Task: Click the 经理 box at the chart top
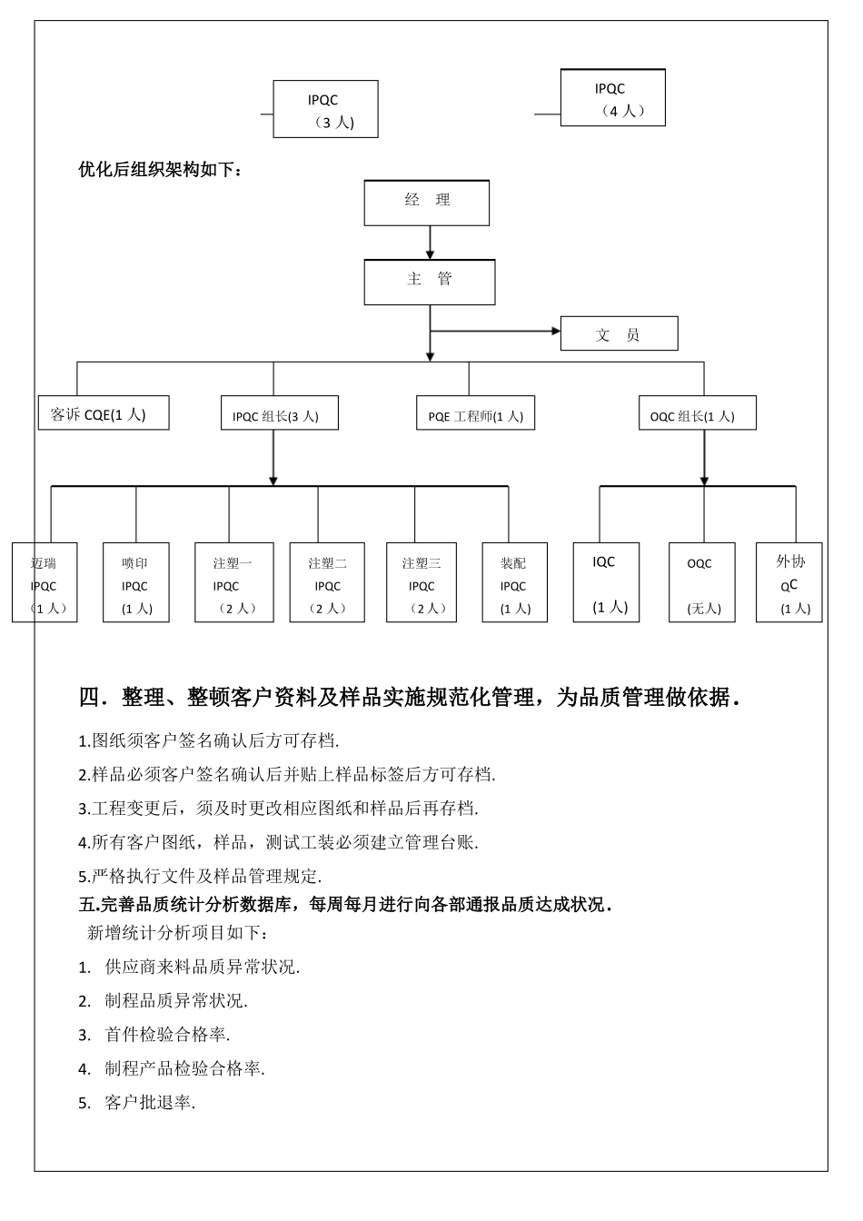427,203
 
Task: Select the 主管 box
430,283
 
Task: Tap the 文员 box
619,333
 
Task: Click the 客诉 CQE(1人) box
104,413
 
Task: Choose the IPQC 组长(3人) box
280,413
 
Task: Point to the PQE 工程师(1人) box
475,413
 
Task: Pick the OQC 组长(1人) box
697,413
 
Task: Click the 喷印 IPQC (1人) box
136,583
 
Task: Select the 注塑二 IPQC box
327,583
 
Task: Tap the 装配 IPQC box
514,583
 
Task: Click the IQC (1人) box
606,583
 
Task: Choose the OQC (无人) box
702,583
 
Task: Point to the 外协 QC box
789,583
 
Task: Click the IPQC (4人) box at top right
613,98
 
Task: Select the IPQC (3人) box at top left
325,110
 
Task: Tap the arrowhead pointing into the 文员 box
555,331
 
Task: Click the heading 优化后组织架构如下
161,169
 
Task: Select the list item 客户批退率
149,1103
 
